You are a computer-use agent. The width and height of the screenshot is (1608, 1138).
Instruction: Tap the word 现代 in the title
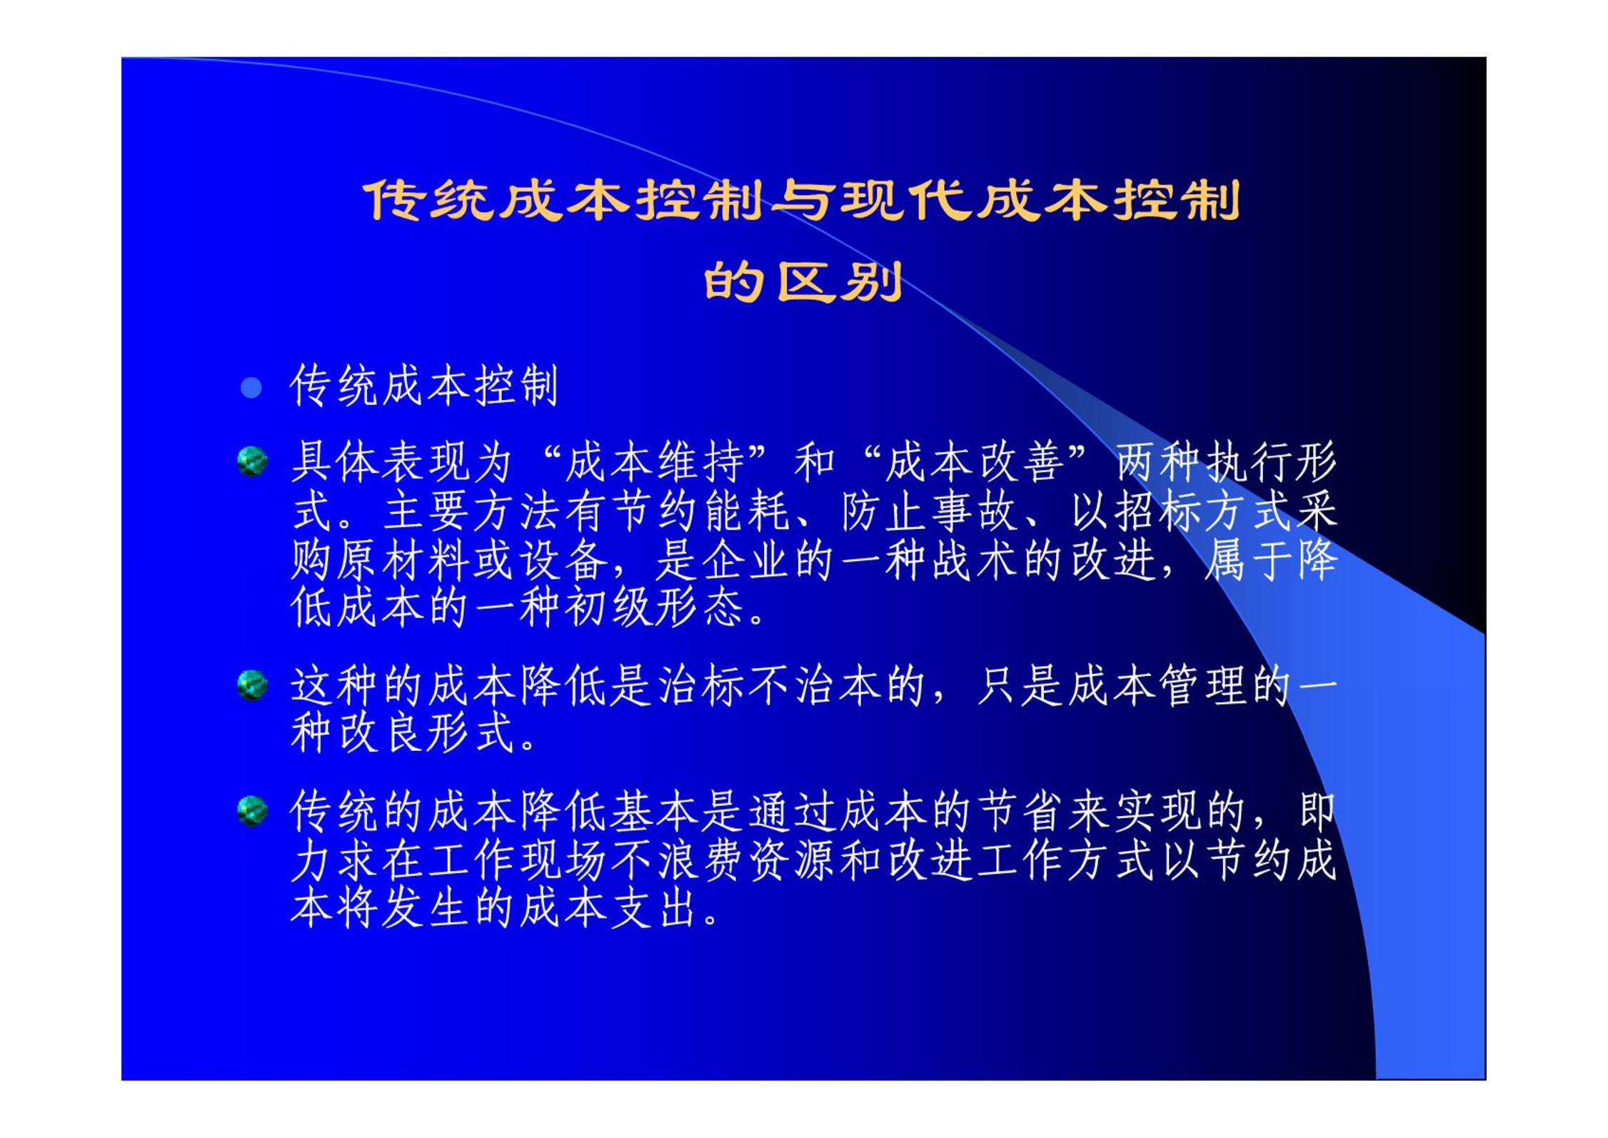pyautogui.click(x=905, y=201)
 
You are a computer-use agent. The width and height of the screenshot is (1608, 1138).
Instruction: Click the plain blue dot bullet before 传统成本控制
pyautogui.click(x=251, y=388)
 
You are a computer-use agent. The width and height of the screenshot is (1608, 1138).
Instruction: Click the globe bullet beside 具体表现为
pyautogui.click(x=252, y=461)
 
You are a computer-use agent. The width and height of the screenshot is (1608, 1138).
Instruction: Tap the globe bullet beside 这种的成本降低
pyautogui.click(x=252, y=685)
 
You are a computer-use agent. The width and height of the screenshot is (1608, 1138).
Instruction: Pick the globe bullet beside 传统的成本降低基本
pyautogui.click(x=252, y=811)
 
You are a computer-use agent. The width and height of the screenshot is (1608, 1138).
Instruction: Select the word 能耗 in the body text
pyautogui.click(x=746, y=512)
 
